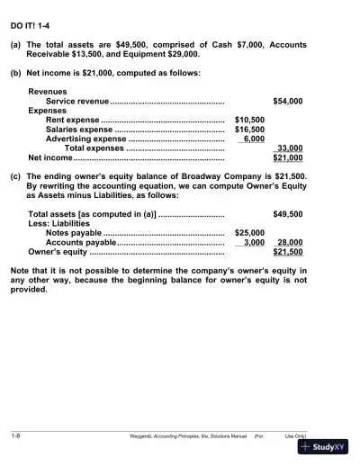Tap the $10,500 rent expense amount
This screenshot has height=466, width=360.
[x=249, y=120]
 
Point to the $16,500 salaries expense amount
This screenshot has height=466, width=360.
[x=249, y=130]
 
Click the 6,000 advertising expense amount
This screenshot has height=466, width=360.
[x=253, y=139]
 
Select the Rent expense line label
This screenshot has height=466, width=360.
[x=72, y=120]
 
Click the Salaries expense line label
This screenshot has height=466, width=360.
[x=79, y=130]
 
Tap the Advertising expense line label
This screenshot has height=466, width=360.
[x=85, y=139]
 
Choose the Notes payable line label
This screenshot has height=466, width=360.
[x=74, y=233]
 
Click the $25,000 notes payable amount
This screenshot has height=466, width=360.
[x=249, y=233]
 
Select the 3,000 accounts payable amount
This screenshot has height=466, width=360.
[x=253, y=243]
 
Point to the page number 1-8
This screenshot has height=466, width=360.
[x=16, y=435]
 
